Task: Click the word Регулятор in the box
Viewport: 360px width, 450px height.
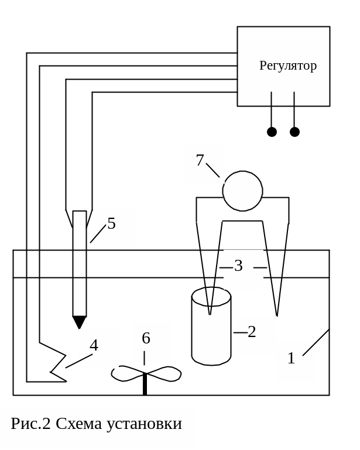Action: pos(288,66)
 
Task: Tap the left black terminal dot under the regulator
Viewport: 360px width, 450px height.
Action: pos(272,132)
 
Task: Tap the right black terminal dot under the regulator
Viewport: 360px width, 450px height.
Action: pos(294,132)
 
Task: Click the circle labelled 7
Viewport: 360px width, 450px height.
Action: pos(242,191)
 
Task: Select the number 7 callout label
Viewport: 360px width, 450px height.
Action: pos(200,160)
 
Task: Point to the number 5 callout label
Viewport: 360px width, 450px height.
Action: pos(111,224)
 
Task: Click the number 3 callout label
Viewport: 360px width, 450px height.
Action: pos(238,266)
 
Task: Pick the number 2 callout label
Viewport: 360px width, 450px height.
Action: pos(252,332)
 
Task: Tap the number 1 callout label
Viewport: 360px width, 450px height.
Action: pos(291,358)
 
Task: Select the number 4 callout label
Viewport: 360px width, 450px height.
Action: pos(94,345)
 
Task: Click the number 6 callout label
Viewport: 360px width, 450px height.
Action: pos(146,338)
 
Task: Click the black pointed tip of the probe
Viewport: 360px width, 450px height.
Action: pos(79,322)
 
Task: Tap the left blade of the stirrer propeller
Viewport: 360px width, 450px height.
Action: pos(128,373)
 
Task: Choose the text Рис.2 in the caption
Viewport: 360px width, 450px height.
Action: pos(30,424)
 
